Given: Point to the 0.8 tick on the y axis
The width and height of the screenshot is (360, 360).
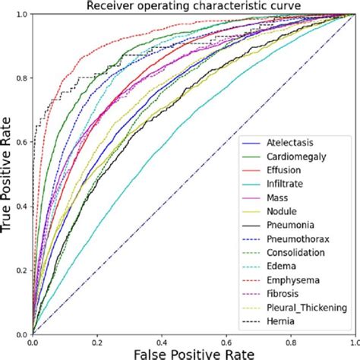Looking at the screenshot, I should tap(21, 78).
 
